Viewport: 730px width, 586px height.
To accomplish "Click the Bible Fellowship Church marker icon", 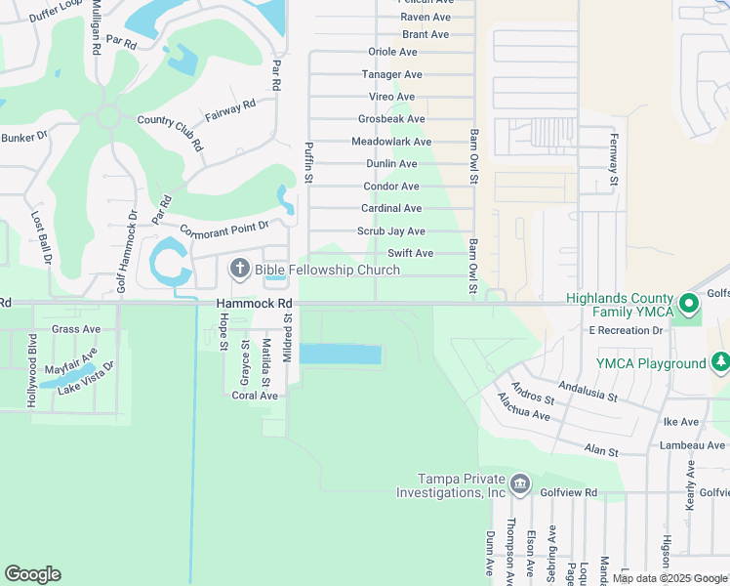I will click(239, 269).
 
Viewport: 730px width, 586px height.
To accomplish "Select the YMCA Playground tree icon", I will click(720, 363).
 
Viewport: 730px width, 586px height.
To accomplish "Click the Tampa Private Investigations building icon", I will click(520, 483).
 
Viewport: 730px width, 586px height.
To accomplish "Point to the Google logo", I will click(33, 573).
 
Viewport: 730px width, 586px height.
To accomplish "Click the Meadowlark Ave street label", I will click(390, 142).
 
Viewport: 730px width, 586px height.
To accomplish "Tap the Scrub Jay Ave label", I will click(390, 231).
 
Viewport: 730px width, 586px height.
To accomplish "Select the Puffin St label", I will click(308, 163).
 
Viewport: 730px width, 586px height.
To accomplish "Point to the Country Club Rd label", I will click(170, 131).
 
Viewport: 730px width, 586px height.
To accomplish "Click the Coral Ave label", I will click(255, 396).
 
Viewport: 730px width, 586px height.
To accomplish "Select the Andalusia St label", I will click(587, 392).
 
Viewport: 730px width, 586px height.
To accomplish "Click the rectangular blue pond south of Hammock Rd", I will click(340, 355).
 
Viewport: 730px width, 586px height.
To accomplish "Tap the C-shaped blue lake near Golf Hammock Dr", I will click(164, 262).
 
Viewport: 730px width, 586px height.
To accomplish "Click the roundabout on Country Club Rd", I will click(108, 117).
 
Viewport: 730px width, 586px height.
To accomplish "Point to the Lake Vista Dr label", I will click(86, 378).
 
